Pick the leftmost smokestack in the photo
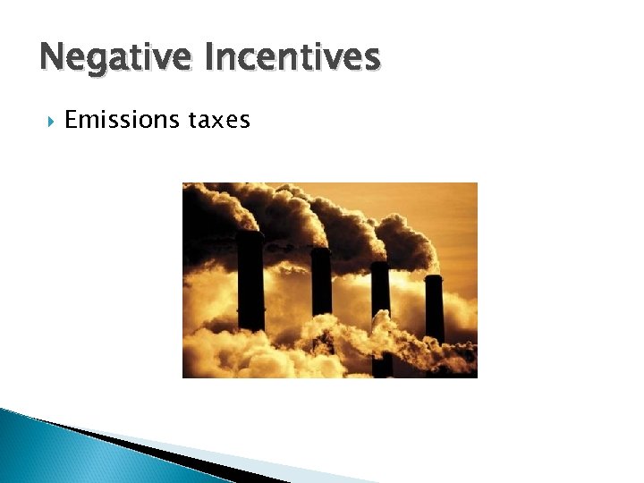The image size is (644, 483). (x=250, y=282)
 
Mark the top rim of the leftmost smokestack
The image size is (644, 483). (x=250, y=234)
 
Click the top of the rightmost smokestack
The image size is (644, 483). (x=434, y=277)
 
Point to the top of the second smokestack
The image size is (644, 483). (x=320, y=250)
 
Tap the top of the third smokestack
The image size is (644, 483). (x=380, y=265)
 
